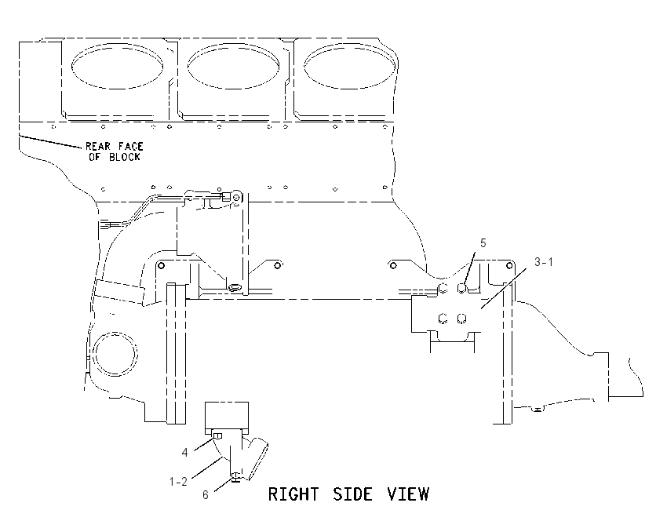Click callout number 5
pos(483,243)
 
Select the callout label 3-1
pos(544,262)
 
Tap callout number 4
pos(184,453)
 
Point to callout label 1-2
pos(178,482)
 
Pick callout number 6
pos(206,495)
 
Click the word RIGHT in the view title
pos(293,494)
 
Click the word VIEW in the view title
pos(408,494)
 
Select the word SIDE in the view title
pos(352,494)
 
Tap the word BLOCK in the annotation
pos(124,157)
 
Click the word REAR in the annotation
pos(98,146)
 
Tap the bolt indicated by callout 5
pos(462,289)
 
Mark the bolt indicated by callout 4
pos(217,435)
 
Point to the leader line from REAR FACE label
pos(51,141)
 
